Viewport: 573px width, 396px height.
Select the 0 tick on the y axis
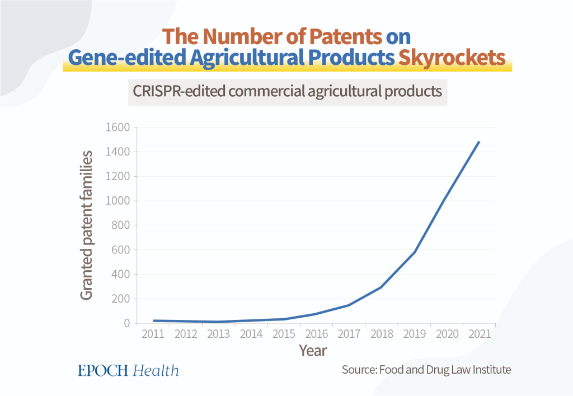click(127, 323)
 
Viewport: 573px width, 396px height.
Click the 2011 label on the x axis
click(153, 334)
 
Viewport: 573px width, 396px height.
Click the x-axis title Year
click(313, 351)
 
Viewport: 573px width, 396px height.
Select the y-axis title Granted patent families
click(87, 225)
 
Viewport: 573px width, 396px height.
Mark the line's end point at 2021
click(479, 142)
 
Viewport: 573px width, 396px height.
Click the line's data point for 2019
click(414, 252)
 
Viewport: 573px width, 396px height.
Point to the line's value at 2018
click(381, 287)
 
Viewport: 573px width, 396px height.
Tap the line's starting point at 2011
click(153, 320)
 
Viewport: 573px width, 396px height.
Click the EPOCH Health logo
click(128, 370)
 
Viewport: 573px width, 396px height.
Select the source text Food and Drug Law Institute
click(445, 370)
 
